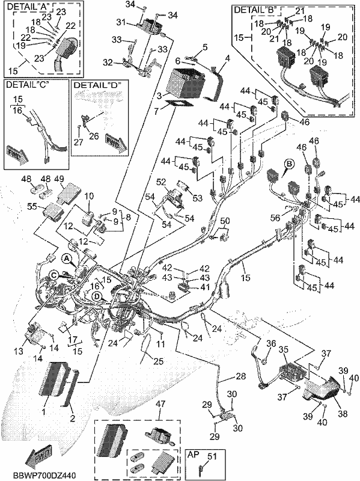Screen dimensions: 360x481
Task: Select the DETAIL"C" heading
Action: click(28, 85)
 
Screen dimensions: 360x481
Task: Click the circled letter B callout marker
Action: click(288, 164)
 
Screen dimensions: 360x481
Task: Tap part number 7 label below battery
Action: click(157, 111)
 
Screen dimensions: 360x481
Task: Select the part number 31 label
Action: click(121, 22)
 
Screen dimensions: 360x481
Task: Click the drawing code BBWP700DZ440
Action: click(44, 475)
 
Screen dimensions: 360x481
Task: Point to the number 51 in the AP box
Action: click(212, 456)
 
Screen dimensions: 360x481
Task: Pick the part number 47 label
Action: click(159, 404)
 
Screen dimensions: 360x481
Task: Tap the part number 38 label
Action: click(342, 414)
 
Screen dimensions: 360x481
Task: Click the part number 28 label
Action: click(241, 376)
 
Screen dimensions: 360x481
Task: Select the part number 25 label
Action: click(158, 361)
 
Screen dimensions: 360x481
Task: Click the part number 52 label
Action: click(161, 182)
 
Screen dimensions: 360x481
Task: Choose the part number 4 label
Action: click(227, 58)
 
